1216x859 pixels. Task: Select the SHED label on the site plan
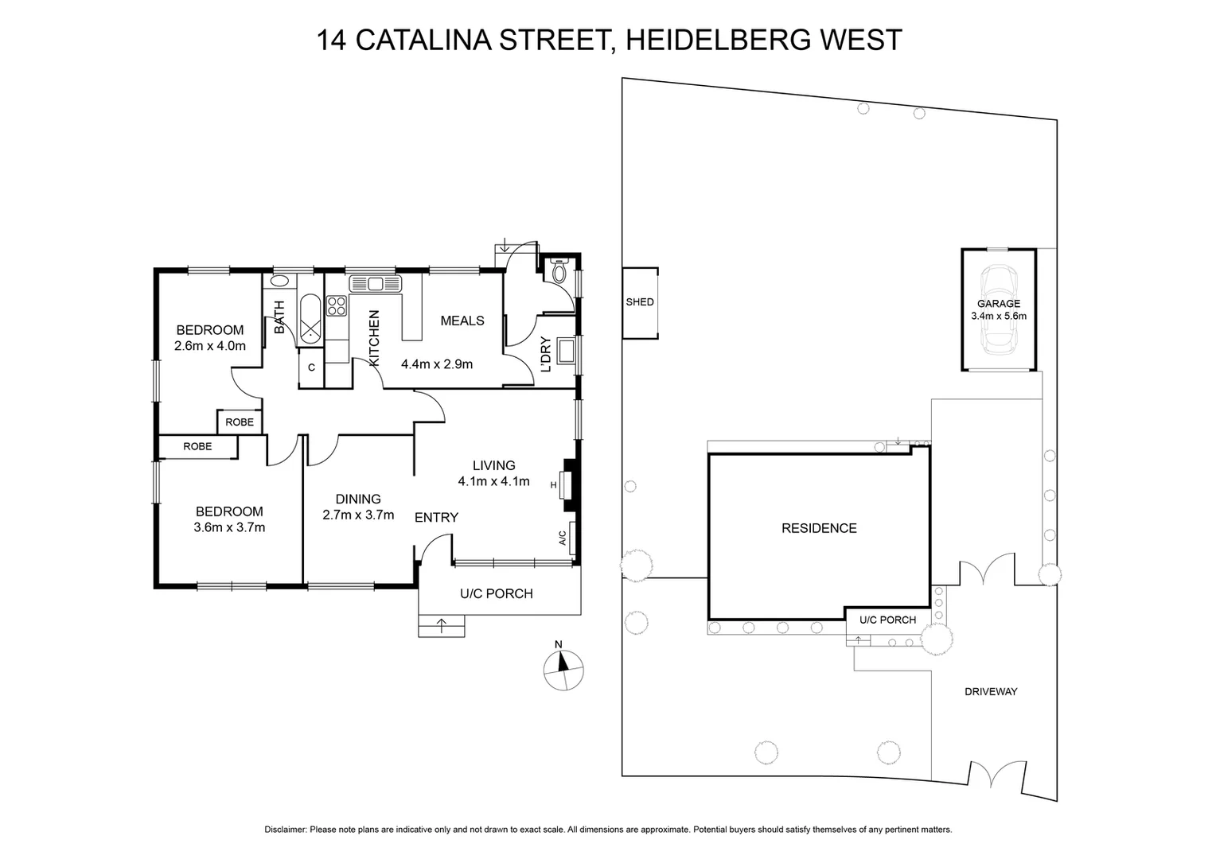click(640, 302)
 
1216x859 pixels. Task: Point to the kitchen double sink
click(376, 283)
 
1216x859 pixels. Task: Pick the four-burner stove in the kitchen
click(337, 305)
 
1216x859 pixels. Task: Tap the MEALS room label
click(462, 321)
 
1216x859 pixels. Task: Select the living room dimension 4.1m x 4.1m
click(493, 481)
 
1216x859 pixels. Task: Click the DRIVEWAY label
click(991, 692)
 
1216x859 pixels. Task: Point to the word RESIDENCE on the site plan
click(819, 529)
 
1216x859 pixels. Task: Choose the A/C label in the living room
click(562, 538)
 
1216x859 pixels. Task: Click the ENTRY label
click(436, 518)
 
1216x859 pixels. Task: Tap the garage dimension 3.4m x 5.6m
click(999, 316)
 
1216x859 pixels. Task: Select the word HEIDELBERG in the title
click(701, 40)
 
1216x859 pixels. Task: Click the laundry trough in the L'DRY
click(566, 350)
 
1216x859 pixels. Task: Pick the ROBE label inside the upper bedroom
click(240, 422)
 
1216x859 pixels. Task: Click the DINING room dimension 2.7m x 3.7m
click(358, 515)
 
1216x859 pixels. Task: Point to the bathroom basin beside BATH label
click(280, 281)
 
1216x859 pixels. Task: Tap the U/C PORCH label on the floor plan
click(497, 593)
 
